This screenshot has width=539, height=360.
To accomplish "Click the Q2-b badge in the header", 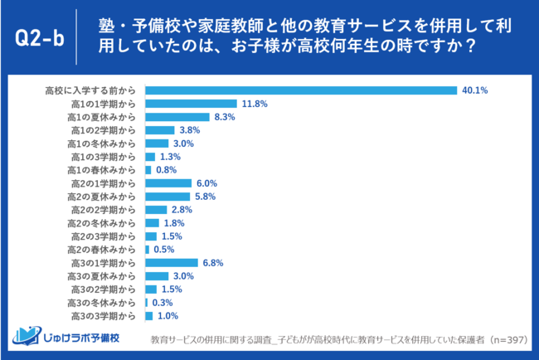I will click(38, 37).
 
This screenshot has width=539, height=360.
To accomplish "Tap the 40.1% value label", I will click(476, 90).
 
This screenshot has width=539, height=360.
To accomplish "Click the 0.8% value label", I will click(165, 170).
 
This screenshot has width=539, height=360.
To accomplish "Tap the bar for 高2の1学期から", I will click(168, 183).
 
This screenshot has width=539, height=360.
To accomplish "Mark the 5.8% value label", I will click(203, 197).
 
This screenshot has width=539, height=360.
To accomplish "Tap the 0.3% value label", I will click(162, 303).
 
